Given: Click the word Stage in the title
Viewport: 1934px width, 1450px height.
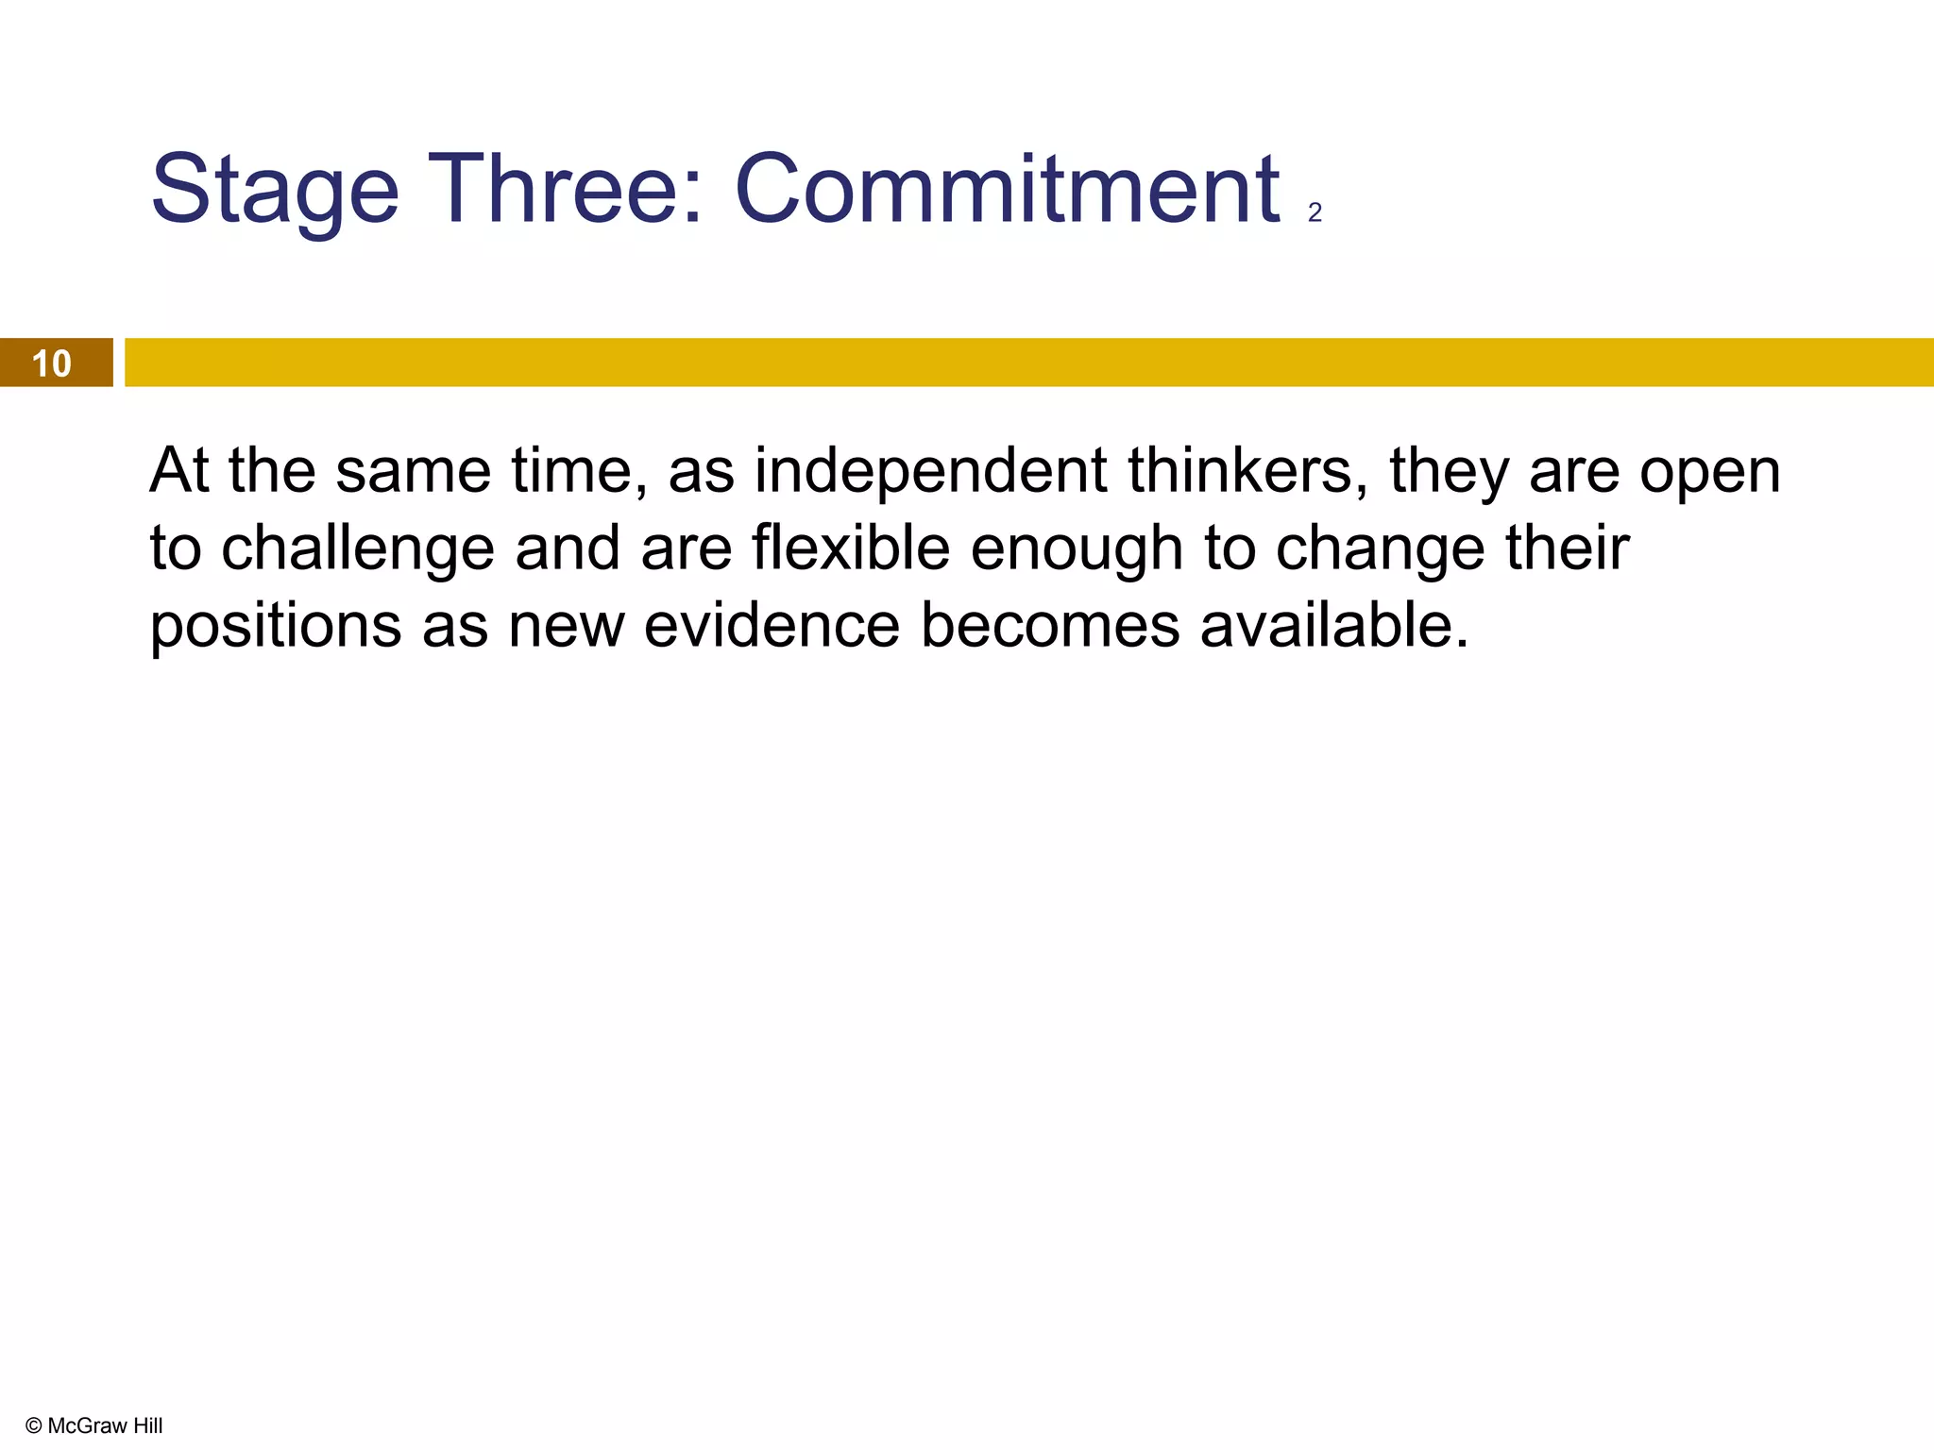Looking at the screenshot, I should [275, 192].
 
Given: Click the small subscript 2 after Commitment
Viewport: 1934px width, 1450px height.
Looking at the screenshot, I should [1315, 213].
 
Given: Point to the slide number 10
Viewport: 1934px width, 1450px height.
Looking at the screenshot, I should [51, 363].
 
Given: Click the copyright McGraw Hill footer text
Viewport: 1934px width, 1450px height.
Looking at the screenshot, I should [94, 1425].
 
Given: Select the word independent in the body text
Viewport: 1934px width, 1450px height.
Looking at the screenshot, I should [930, 470].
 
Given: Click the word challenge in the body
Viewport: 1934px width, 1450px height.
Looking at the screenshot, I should [358, 549].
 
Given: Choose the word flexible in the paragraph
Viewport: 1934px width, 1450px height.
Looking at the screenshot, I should [851, 548].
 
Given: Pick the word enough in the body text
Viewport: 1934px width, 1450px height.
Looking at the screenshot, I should [1077, 549].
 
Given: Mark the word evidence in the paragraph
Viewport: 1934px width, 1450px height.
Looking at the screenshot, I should [772, 626].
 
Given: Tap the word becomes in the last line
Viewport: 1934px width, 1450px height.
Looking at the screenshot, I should [1050, 626].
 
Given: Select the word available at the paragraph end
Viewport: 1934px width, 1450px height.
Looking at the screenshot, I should [1333, 626].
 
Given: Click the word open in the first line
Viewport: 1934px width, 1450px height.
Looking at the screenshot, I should [1709, 472].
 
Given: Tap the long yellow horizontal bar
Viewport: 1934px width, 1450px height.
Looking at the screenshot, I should [1029, 362].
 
